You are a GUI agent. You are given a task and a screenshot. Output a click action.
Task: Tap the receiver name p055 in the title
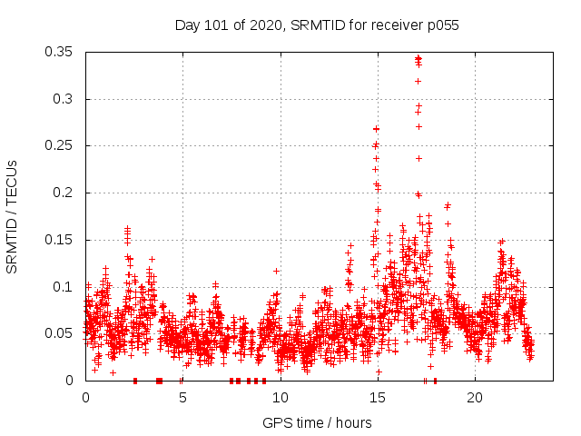point(442,25)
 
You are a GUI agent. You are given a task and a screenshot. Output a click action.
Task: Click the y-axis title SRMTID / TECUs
point(12,216)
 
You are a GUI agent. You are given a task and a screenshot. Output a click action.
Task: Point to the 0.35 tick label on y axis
point(61,52)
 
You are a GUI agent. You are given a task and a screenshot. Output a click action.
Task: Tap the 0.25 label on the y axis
point(61,145)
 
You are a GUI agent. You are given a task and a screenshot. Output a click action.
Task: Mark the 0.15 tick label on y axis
point(61,240)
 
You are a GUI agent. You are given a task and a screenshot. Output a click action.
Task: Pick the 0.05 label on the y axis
point(61,333)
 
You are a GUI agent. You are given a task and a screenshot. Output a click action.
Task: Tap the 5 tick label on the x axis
point(182,398)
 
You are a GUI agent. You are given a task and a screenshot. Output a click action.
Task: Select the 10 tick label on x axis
point(280,398)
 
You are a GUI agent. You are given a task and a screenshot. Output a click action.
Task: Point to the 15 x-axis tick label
point(377,398)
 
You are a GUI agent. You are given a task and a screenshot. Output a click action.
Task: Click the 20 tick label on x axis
point(474,398)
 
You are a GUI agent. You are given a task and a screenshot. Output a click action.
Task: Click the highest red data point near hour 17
point(418,58)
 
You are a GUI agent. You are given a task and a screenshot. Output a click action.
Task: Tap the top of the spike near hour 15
point(376,129)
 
